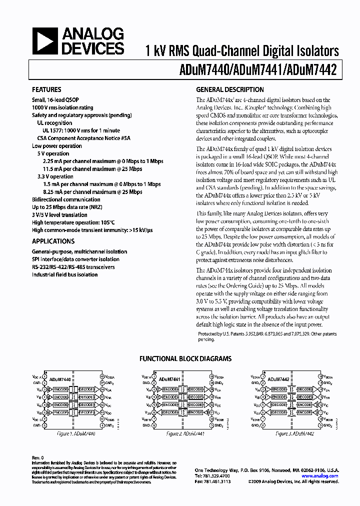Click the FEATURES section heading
(47, 90)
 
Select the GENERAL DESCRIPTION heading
(230, 90)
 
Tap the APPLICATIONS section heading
(53, 241)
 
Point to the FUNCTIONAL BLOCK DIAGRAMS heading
(185, 359)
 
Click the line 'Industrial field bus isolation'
(65, 274)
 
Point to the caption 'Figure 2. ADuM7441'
(186, 434)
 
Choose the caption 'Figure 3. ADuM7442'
(294, 434)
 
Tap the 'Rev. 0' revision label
(38, 458)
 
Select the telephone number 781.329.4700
(217, 476)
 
